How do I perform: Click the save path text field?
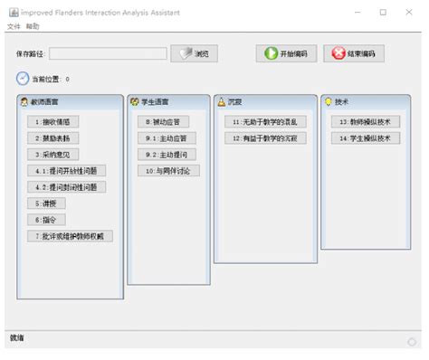click(x=109, y=53)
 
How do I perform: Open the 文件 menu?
click(x=13, y=27)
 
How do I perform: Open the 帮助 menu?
click(x=33, y=27)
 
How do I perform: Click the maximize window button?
click(x=383, y=12)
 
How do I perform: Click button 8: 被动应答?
click(x=163, y=121)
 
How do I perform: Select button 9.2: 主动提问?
click(x=163, y=154)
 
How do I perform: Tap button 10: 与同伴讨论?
click(x=169, y=170)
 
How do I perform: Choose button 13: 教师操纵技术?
click(x=364, y=121)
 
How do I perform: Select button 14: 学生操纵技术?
click(x=364, y=137)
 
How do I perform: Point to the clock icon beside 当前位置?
click(x=23, y=79)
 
